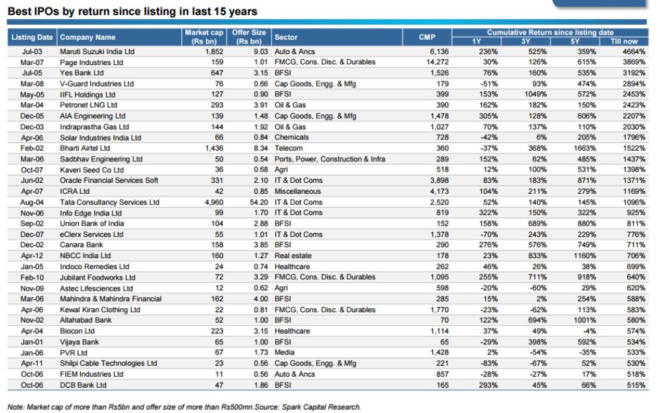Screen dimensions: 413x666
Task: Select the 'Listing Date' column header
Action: click(32, 37)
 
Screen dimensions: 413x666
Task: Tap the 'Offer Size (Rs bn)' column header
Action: click(249, 37)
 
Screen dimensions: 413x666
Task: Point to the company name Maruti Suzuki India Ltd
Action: click(98, 51)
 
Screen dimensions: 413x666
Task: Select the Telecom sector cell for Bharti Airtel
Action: click(288, 148)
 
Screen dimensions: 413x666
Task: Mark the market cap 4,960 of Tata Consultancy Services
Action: click(214, 202)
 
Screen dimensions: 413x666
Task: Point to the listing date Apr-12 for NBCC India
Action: click(32, 256)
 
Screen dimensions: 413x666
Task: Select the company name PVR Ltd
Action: click(75, 353)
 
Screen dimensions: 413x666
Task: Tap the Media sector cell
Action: click(284, 353)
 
